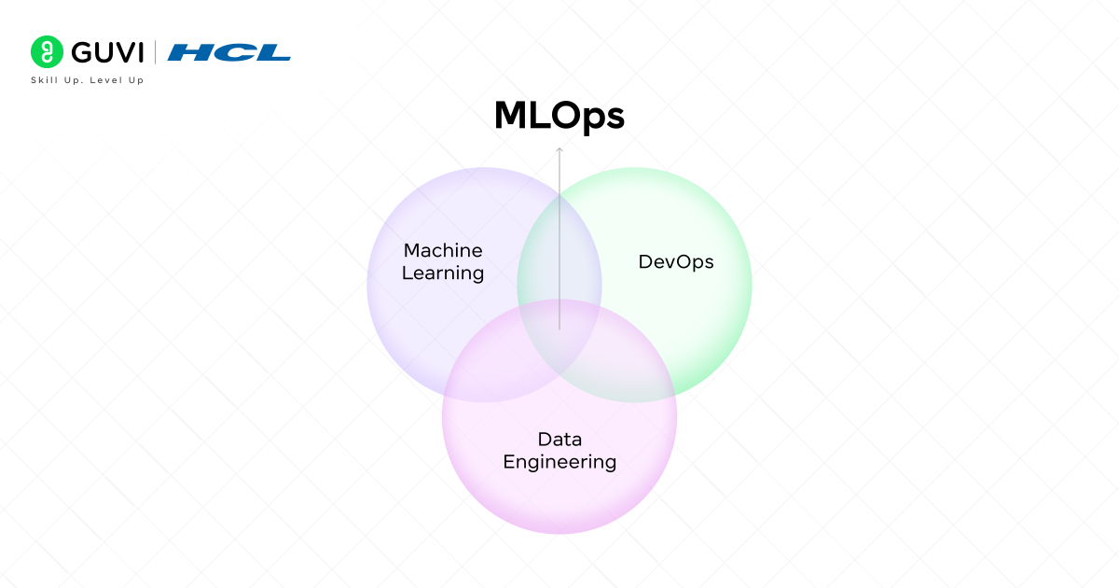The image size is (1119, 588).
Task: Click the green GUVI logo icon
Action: pyautogui.click(x=46, y=51)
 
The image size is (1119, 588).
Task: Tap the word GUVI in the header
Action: pyautogui.click(x=103, y=51)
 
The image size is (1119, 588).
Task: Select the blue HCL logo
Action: pyautogui.click(x=229, y=52)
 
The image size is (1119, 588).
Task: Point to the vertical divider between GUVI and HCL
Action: pyautogui.click(x=156, y=51)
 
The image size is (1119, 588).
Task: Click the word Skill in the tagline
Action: pyautogui.click(x=43, y=80)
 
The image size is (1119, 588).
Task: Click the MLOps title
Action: pyautogui.click(x=559, y=116)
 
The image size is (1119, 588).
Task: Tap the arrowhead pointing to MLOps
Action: pyautogui.click(x=559, y=149)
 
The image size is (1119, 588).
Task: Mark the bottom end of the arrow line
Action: pyautogui.click(x=559, y=329)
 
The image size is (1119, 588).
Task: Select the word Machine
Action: pyautogui.click(x=443, y=250)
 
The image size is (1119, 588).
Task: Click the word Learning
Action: pyautogui.click(x=443, y=273)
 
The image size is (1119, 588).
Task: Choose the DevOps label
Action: pyautogui.click(x=676, y=262)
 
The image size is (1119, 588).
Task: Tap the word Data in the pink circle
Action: pyautogui.click(x=559, y=438)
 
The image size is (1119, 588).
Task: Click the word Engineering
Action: pyautogui.click(x=559, y=462)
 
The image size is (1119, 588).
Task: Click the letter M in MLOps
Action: pyautogui.click(x=508, y=116)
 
